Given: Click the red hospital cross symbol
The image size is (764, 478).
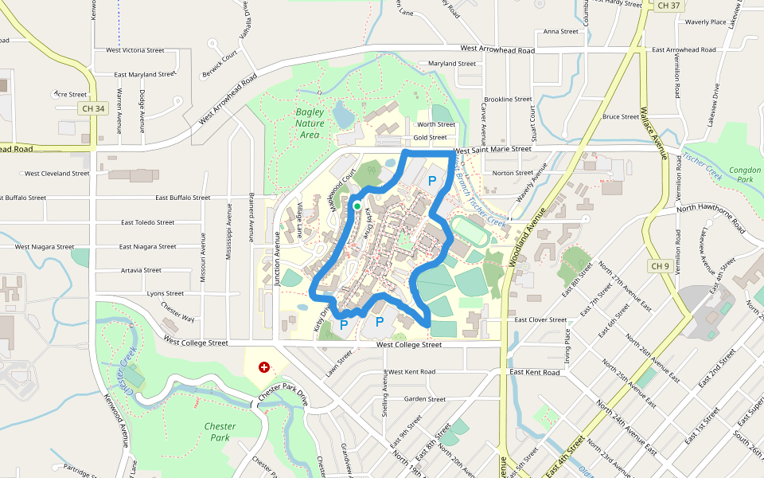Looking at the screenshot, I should coord(263,367).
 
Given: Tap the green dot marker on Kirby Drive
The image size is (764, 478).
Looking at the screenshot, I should coord(357,207).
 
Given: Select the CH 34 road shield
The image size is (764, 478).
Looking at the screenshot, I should coord(93,108).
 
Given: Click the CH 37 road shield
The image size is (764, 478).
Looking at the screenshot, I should coord(669,6).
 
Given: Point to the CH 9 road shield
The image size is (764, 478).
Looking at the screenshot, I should coord(661,265).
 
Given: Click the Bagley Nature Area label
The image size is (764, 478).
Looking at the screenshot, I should coord(309,123).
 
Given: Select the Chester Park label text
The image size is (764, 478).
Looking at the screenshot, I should coord(220,432).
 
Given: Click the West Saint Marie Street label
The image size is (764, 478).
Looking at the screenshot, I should coord(492,149).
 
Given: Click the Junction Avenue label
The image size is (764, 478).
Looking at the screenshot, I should coord(277,258).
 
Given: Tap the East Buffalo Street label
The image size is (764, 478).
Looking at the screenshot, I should coord(183,198).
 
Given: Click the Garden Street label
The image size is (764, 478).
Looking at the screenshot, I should coord(425,399).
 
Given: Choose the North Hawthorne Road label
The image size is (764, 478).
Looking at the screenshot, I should coord(710,208).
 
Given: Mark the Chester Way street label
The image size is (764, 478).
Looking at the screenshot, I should coord(177,312).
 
